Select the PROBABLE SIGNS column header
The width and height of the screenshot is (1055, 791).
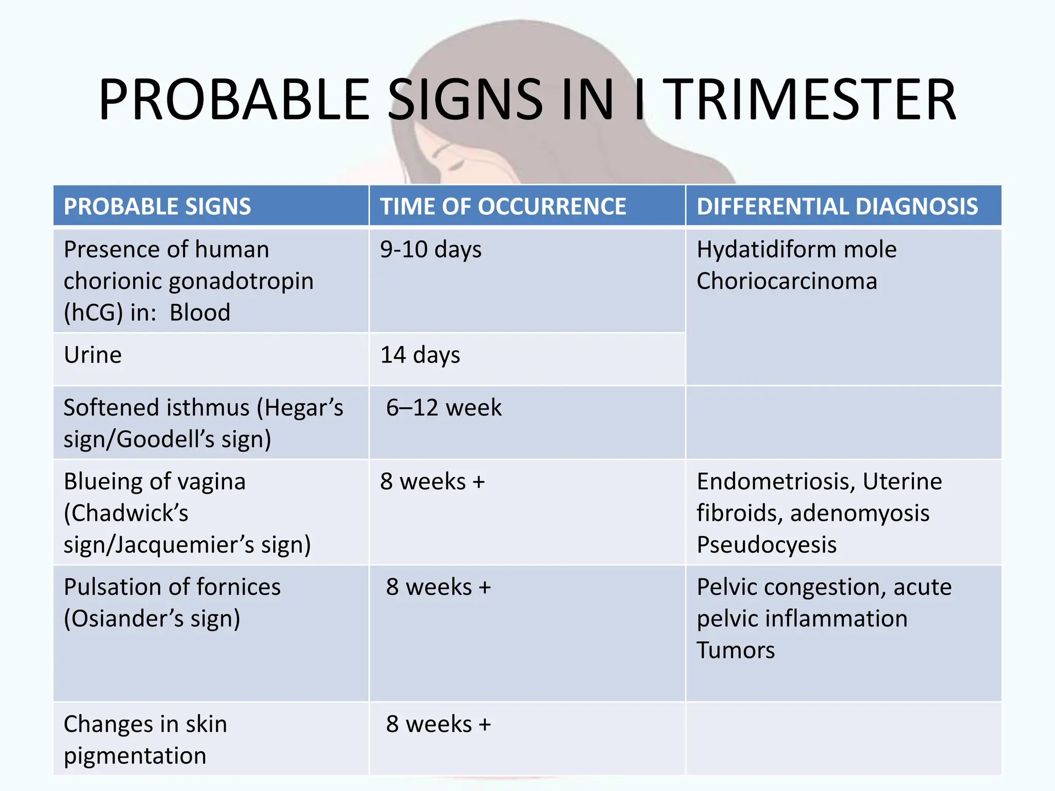coord(157,207)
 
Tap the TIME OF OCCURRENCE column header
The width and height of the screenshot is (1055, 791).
coord(503,207)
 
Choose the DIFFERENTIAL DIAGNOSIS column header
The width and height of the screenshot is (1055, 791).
coord(837,207)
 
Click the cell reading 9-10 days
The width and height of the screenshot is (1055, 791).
coord(431,250)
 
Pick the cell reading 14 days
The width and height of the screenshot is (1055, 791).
coord(420,355)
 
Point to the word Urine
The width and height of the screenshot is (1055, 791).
coord(93,355)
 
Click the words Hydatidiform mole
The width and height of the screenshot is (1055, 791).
coord(796,250)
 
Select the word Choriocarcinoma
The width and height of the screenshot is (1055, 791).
coord(787,281)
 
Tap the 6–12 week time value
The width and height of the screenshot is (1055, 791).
coord(444,408)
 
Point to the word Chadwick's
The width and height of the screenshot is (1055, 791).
coord(126,513)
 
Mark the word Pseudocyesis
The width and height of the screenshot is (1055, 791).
coord(767,545)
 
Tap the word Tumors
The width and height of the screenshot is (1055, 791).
coord(736,650)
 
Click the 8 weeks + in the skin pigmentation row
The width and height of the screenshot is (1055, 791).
coord(438,725)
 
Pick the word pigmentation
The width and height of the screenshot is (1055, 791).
coord(135,756)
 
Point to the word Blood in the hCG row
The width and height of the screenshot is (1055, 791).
coord(200,313)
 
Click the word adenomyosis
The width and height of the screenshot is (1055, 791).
coord(860,513)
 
